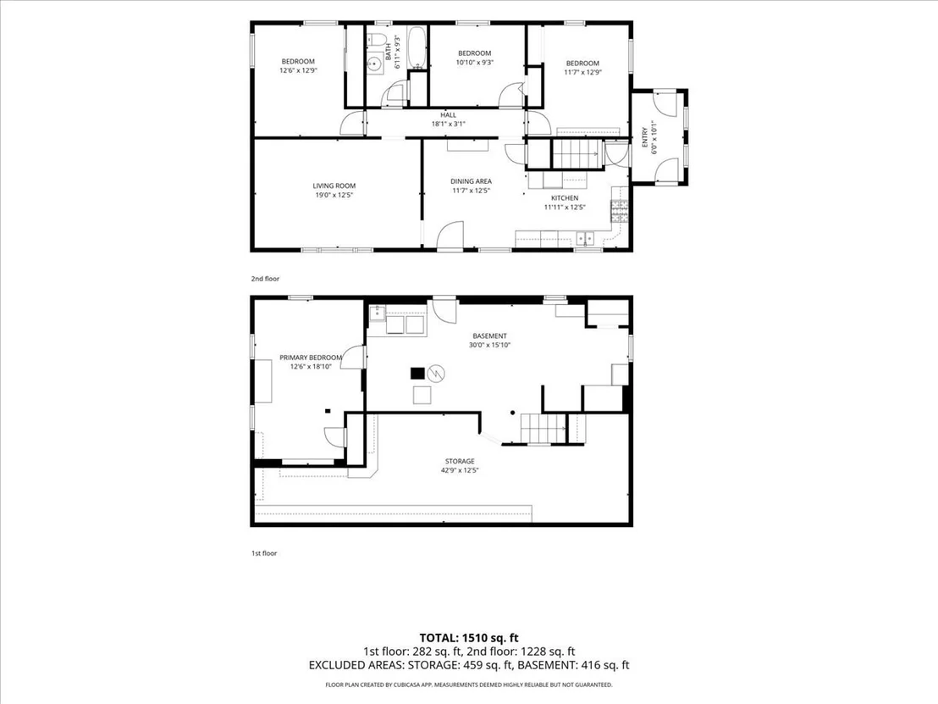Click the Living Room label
tap(334, 186)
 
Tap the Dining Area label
tap(471, 181)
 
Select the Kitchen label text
tap(565, 198)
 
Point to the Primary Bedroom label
tap(311, 358)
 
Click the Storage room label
tap(460, 462)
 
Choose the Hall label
tap(448, 115)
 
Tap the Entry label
tap(644, 136)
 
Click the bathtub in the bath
tap(417, 47)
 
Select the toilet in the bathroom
tap(375, 40)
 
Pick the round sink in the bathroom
tap(376, 63)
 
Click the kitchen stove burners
tap(619, 211)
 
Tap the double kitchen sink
tap(585, 239)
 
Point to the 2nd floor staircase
tap(574, 153)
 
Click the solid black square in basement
tap(417, 374)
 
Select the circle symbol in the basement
tap(438, 374)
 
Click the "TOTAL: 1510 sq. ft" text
tap(469, 638)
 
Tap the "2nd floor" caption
tap(265, 279)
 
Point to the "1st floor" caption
tap(264, 554)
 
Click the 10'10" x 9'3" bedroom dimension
tap(474, 62)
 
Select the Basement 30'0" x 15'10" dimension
tap(489, 346)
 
